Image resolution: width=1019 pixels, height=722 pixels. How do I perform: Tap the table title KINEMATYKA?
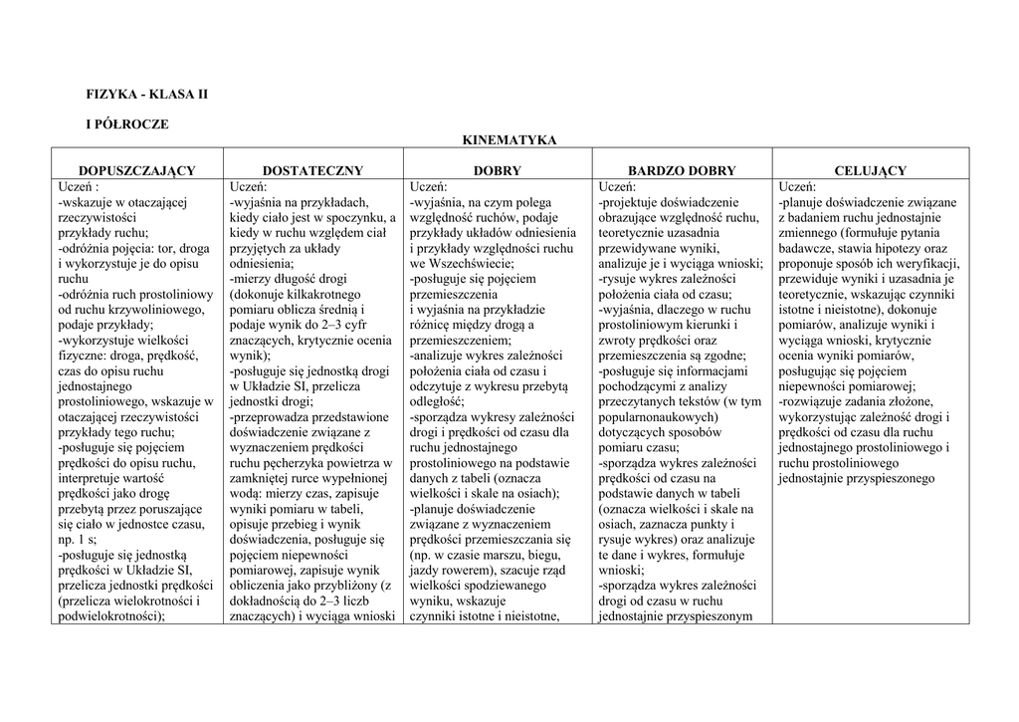pos(509,141)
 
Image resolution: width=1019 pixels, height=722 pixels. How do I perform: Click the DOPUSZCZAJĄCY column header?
pos(137,171)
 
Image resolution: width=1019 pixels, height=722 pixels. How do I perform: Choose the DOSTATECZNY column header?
pos(312,171)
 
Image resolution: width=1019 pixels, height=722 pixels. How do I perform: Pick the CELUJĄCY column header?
pos(871,171)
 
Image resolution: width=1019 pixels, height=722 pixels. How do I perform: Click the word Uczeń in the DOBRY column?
pos(427,186)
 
